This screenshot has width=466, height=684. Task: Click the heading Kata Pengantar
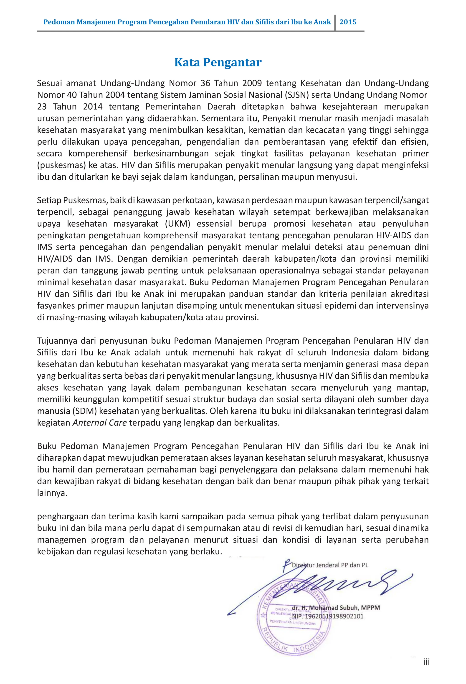tap(218, 62)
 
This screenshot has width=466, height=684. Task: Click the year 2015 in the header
tap(348, 22)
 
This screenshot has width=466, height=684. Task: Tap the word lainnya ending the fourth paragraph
tap(52, 493)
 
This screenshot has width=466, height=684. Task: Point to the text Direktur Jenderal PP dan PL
tap(330, 565)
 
